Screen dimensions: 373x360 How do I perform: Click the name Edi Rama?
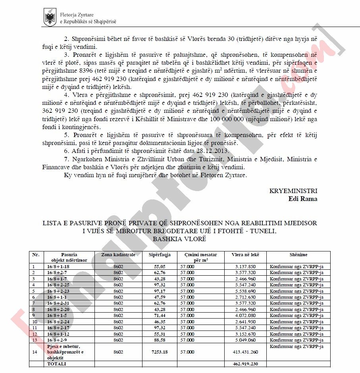303,199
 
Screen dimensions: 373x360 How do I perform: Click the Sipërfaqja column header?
160,254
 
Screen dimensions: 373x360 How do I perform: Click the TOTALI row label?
58,363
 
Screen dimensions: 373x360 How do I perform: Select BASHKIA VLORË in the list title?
180,239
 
